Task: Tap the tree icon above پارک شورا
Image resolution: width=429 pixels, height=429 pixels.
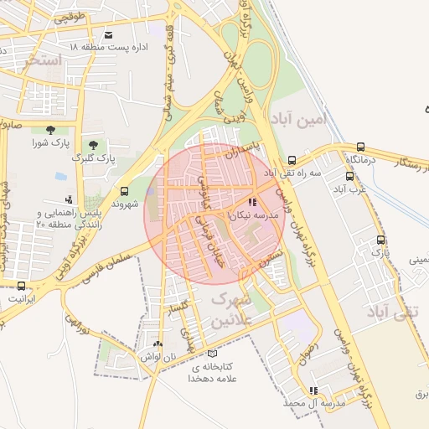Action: tap(50, 130)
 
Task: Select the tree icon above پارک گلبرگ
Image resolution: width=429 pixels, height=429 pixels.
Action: tap(92, 145)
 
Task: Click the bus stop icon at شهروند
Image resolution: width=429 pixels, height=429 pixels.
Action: tap(124, 191)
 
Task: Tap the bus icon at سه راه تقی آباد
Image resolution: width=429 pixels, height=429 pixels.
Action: tap(292, 161)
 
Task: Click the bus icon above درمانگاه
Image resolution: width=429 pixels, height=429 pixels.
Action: tap(360, 147)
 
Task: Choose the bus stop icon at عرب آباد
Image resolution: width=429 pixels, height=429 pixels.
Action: tap(350, 176)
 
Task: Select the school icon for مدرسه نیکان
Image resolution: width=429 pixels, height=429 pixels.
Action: tap(252, 203)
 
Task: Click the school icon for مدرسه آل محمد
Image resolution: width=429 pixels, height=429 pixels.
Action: tap(313, 390)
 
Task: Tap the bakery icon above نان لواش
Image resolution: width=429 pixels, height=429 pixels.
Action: tap(158, 344)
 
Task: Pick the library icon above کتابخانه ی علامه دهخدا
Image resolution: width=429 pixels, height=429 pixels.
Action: tap(211, 354)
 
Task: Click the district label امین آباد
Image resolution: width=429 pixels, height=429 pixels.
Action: tap(295, 120)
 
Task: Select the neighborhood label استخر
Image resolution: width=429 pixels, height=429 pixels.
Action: tap(39, 61)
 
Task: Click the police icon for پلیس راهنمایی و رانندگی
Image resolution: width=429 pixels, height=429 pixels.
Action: tap(69, 199)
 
